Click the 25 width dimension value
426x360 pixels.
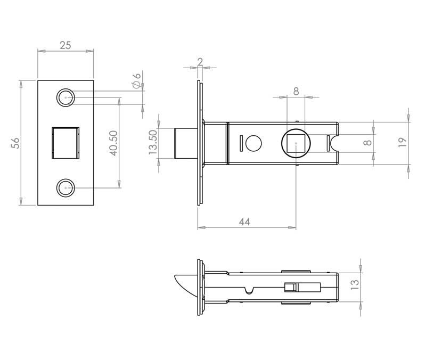coord(65,45)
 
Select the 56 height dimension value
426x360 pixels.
coord(15,143)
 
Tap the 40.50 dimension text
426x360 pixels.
coord(113,143)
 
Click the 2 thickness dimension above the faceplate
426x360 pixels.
coord(200,62)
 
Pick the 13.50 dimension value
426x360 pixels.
coord(153,143)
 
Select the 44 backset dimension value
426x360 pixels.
coord(244,222)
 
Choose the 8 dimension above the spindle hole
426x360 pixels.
coord(296,91)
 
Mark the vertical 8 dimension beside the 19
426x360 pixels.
coord(366,143)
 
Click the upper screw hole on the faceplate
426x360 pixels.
coord(65,98)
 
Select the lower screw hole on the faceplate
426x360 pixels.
coord(65,187)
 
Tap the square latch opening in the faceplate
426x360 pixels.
coord(65,143)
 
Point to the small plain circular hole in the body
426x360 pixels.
coord(254,143)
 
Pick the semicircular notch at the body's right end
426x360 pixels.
coord(335,143)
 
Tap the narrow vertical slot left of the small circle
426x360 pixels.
coord(241,143)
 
